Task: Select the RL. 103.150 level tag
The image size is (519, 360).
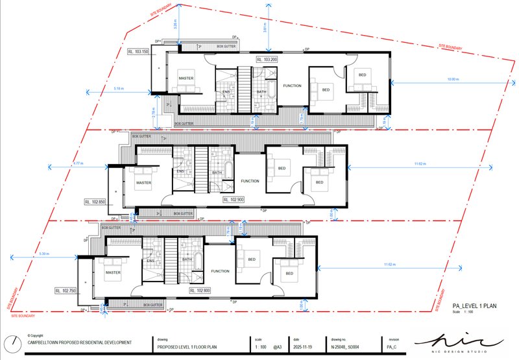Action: coord(138,51)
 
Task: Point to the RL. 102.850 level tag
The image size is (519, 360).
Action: coord(96,202)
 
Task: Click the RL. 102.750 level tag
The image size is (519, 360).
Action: coord(67,291)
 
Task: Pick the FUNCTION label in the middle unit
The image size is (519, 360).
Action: coord(250,181)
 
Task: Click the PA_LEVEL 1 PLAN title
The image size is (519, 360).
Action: coord(475,304)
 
